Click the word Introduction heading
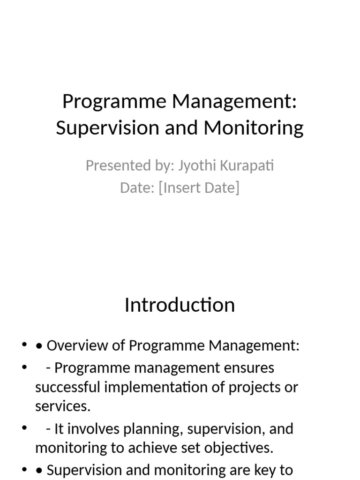(x=180, y=305)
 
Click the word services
(x=62, y=406)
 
